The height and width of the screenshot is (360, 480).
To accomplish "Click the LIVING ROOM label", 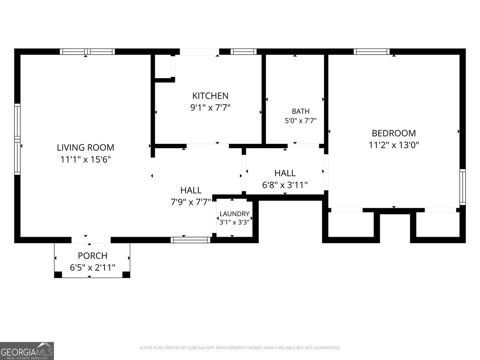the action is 85,148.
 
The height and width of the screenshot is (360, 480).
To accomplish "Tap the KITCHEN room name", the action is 210,96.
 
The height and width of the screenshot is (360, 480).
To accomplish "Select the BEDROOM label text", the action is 394,133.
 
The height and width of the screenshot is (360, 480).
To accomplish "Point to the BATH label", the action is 300,112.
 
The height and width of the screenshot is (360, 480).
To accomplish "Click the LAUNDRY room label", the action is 234,214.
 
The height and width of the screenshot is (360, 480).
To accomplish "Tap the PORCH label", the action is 92,255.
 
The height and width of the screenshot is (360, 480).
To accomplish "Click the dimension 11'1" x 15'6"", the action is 85,159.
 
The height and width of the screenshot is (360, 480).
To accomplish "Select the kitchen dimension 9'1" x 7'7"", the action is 210,107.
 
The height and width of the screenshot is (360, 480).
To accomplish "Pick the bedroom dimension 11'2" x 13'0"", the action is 394,145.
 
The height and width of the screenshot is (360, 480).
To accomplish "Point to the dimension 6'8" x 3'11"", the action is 285,185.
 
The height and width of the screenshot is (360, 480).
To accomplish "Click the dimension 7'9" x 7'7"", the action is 191,202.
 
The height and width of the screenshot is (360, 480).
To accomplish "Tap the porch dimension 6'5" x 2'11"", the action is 92,267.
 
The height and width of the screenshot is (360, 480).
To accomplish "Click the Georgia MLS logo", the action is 27,351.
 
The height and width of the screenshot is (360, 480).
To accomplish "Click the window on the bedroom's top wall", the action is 372,52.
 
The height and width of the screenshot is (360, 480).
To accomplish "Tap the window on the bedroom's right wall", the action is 463,187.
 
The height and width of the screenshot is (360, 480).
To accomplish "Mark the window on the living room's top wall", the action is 87,52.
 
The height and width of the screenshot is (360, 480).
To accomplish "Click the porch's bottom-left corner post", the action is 58,275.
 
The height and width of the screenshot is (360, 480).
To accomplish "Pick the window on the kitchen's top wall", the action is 243,52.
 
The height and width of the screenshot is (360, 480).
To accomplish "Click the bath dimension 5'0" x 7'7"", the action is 300,120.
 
